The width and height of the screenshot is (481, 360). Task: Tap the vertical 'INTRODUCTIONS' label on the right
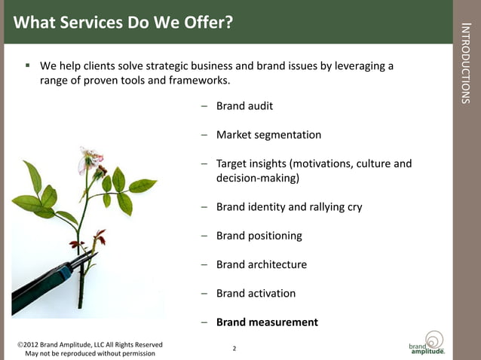(466, 64)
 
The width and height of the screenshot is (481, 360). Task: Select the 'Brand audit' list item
(244, 106)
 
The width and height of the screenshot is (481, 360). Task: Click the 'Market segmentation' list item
(268, 135)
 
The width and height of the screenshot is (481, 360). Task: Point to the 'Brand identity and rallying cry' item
(289, 206)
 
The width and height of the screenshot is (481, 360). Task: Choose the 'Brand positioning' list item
(259, 236)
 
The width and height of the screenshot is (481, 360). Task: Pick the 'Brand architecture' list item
(261, 264)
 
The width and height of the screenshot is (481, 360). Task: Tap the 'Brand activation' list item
(256, 293)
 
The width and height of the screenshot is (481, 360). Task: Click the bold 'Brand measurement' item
(267, 322)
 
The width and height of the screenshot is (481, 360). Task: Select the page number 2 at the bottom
(234, 349)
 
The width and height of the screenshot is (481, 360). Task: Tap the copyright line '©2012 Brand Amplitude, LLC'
(90, 344)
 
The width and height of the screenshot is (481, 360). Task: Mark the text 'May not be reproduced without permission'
(90, 353)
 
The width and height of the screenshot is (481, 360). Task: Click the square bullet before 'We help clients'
(27, 66)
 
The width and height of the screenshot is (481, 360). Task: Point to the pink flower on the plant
(90, 160)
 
